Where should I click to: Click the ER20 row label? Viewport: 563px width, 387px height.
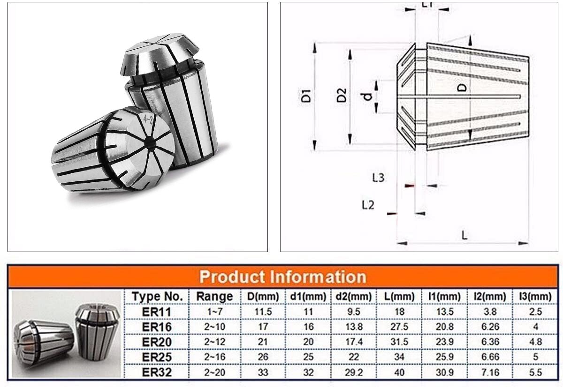coord(157,342)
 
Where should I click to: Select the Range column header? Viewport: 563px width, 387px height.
coord(214,297)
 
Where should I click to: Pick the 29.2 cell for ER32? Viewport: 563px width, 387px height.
coord(354,372)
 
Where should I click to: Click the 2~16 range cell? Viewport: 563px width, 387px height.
coord(214,357)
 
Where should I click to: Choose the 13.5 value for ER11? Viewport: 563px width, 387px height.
coord(445,312)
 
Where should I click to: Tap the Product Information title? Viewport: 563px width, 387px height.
coord(282,276)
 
